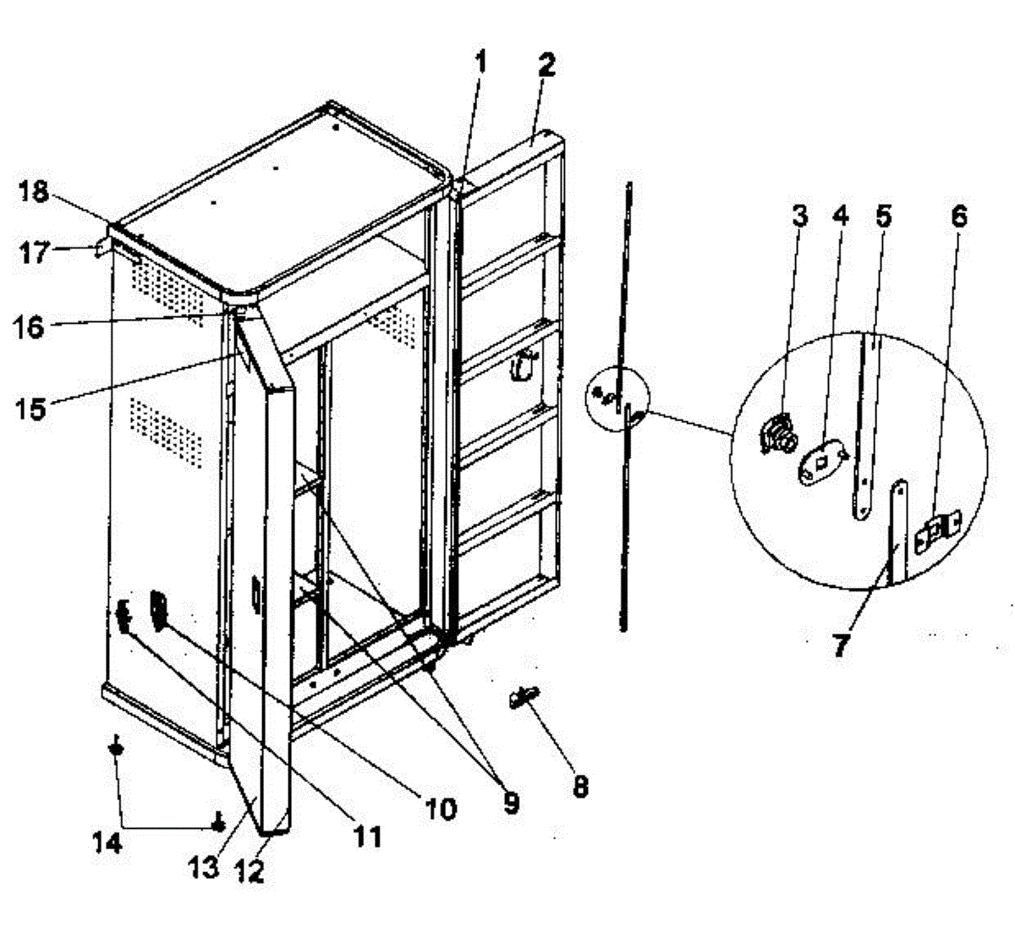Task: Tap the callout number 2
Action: pyautogui.click(x=546, y=65)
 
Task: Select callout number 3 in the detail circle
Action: pyautogui.click(x=799, y=216)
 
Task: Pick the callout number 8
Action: pyautogui.click(x=579, y=785)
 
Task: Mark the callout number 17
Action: pyautogui.click(x=35, y=252)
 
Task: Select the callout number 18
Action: pyautogui.click(x=35, y=192)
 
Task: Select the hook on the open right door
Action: pyautogui.click(x=524, y=365)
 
